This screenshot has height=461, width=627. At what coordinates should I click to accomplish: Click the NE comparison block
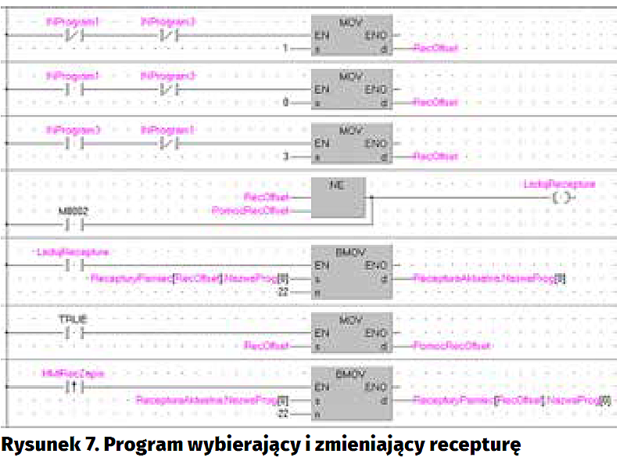pyautogui.click(x=339, y=198)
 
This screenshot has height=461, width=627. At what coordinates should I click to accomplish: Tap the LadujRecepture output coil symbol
pyautogui.click(x=561, y=198)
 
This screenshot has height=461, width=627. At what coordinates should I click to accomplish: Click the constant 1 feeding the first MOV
pyautogui.click(x=285, y=48)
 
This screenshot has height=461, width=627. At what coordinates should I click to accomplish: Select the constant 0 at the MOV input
pyautogui.click(x=285, y=102)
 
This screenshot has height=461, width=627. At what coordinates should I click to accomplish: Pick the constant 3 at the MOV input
pyautogui.click(x=286, y=157)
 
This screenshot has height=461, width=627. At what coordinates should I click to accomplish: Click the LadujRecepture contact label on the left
pyautogui.click(x=73, y=251)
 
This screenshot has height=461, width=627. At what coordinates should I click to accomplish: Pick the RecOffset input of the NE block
pyautogui.click(x=266, y=196)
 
